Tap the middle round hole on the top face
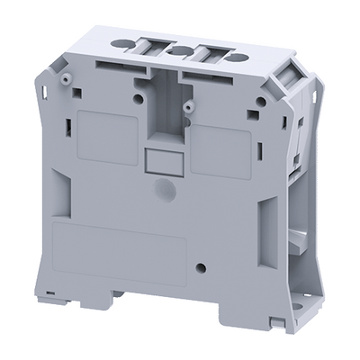[180, 50]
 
